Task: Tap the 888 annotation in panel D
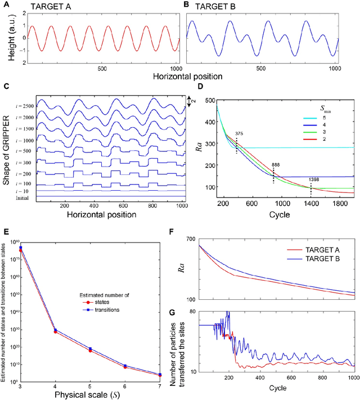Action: click(x=275, y=164)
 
